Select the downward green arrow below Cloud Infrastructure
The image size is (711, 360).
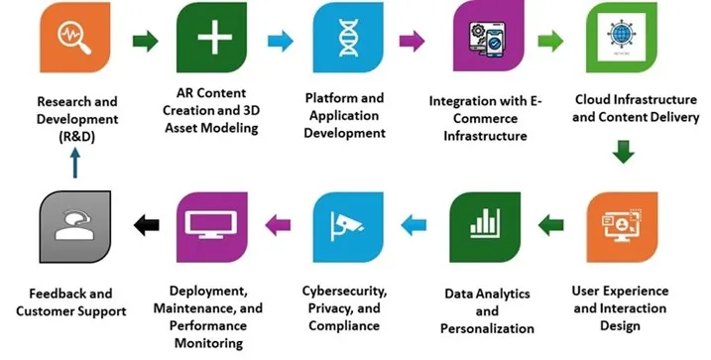pos(622,153)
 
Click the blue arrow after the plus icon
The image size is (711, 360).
pos(280,42)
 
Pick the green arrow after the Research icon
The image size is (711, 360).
pos(144,42)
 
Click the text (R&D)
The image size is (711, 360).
pos(76,138)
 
